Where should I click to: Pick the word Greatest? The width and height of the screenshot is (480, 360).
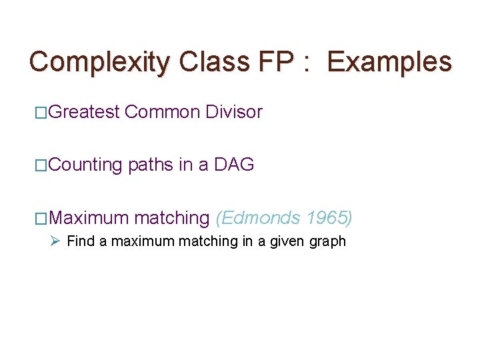(84, 112)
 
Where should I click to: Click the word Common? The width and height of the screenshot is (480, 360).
(162, 112)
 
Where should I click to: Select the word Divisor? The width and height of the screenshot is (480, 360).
(234, 112)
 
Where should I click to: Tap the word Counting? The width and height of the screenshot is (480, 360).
(85, 165)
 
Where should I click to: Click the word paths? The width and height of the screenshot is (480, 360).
(151, 165)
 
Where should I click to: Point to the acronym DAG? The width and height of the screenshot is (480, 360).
(234, 165)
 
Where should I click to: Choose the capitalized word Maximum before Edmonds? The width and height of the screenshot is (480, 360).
(89, 217)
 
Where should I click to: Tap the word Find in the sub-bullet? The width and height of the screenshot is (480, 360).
(81, 241)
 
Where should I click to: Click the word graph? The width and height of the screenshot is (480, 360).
(328, 241)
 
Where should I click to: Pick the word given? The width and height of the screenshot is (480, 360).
(289, 241)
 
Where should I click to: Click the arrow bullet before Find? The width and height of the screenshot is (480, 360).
(56, 241)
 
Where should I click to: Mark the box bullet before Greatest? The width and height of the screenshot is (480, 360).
(41, 113)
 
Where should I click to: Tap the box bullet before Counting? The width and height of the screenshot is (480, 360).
(41, 165)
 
